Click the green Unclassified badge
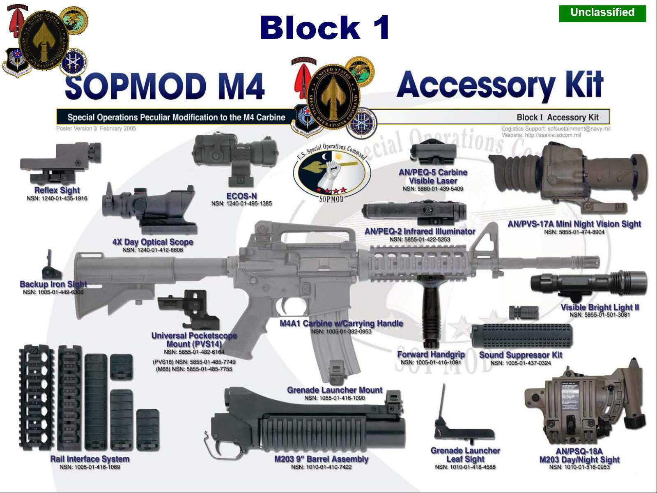602,13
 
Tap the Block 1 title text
324,28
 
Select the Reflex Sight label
57,190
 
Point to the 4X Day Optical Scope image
150,210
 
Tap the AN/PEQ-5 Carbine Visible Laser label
433,176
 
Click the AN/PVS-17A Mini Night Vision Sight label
574,224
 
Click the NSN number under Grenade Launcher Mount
334,398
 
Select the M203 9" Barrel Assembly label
321,459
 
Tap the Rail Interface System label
90,459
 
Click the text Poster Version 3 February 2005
96,129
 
